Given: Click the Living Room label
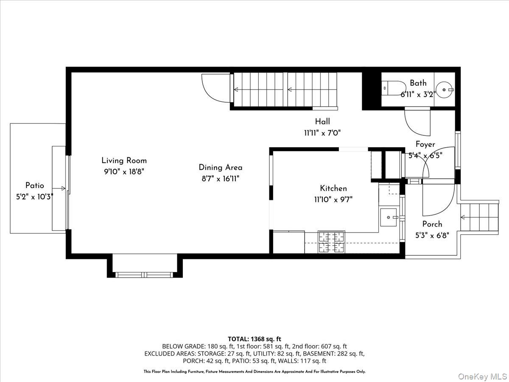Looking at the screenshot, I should point(124,160).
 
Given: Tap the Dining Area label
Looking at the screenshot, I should point(221,168).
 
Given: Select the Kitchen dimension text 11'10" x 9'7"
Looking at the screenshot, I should point(333,199).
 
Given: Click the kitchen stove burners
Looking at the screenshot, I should point(332,242).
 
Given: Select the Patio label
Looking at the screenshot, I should point(34,185).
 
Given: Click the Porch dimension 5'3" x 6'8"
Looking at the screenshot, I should point(432,234).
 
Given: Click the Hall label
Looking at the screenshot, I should point(322,122).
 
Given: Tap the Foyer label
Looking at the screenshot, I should point(425,144).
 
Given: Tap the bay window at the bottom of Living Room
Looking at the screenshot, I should point(145,274).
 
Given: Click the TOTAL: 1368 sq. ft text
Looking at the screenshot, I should point(255,339).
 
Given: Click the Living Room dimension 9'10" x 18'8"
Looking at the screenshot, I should point(124,171).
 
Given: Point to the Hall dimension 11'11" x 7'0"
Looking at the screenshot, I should point(322,133).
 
